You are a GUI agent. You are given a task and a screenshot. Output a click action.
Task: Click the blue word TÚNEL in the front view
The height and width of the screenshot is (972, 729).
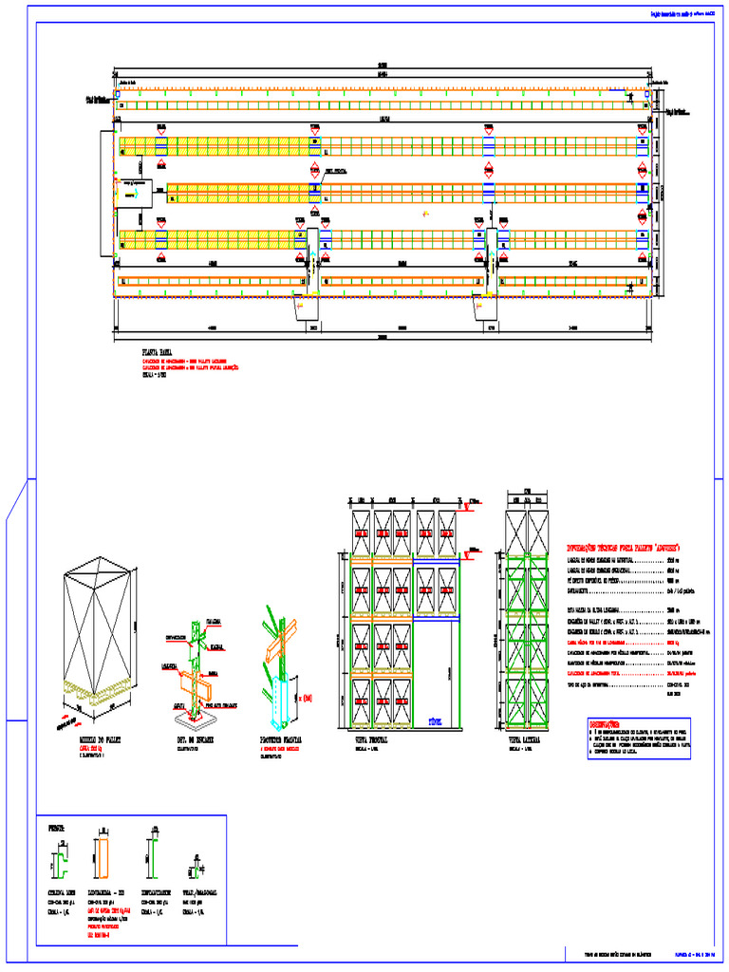[437, 720]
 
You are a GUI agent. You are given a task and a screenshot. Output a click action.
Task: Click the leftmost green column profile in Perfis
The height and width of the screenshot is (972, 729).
[59, 862]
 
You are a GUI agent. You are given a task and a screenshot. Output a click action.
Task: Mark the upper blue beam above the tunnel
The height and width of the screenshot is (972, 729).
[437, 561]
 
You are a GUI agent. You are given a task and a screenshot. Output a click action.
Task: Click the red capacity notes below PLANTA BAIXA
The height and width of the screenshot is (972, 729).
[190, 364]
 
